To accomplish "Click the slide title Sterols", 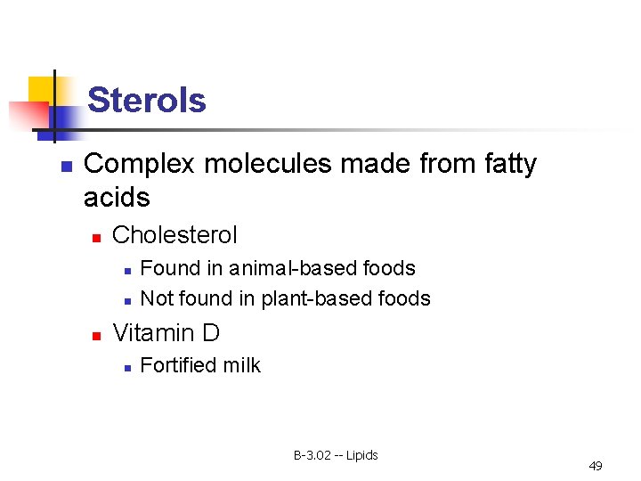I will (147, 100).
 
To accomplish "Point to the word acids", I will (117, 197).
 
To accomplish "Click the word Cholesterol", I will (175, 235).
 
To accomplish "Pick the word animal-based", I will (288, 268).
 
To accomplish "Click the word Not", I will (157, 298).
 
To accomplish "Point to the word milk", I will (242, 365).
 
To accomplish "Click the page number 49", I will (596, 466).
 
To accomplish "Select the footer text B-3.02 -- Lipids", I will (336, 455).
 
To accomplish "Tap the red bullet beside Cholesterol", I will (96, 237).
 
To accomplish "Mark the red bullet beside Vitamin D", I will (96, 335).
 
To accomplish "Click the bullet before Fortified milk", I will (126, 367).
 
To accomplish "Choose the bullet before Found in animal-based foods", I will (126, 270).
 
